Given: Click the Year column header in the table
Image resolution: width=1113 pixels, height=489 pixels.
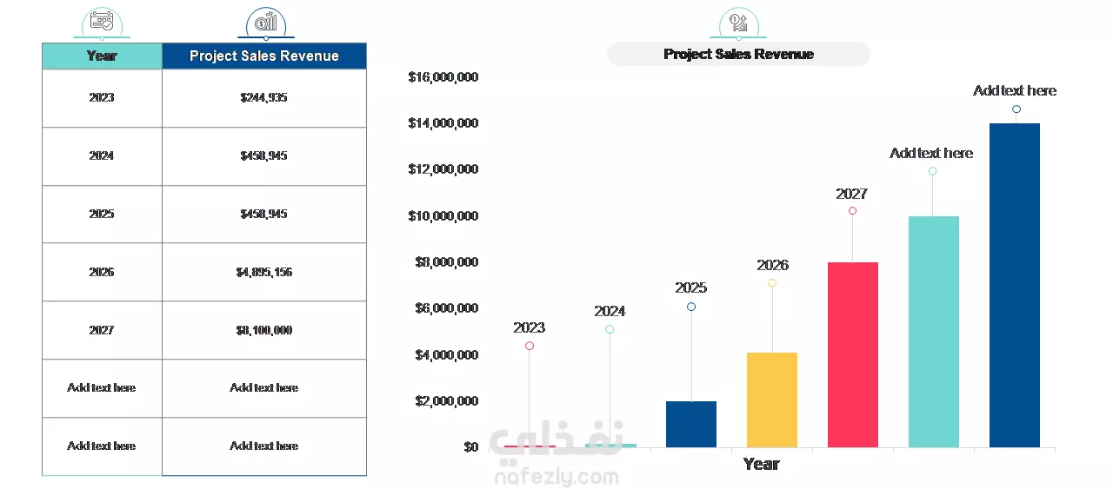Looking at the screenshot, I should coord(102,56).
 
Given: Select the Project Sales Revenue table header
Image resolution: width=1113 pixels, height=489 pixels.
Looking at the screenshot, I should coord(264,56).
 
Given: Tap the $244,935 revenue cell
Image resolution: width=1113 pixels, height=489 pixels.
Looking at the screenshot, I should coord(264,98).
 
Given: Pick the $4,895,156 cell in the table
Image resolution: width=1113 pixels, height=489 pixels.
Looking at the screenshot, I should coord(264,272).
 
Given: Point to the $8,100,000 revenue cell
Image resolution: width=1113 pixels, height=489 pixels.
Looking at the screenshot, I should coord(264,330).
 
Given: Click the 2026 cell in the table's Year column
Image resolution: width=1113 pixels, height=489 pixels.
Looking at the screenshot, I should coord(102,272).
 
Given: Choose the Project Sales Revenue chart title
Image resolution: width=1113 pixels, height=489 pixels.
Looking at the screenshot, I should coord(738,54).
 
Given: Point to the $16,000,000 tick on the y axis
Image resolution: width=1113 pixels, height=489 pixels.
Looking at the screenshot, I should coord(443,77).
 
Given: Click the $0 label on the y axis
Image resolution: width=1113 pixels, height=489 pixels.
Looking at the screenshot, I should coord(470,447).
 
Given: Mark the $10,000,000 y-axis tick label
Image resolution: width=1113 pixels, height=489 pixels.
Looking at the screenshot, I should coord(443,215).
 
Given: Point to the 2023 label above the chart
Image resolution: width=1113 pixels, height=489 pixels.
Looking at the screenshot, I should coord(529,327).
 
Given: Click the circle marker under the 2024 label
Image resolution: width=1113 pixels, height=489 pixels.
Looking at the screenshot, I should coord(610,329).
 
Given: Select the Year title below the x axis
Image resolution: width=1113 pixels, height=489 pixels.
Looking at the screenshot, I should coord(761,464).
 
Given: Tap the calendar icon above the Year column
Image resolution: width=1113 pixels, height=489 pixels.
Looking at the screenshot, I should coord(102,21).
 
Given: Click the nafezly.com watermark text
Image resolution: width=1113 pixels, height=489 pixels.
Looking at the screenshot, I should coord(556,477).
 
